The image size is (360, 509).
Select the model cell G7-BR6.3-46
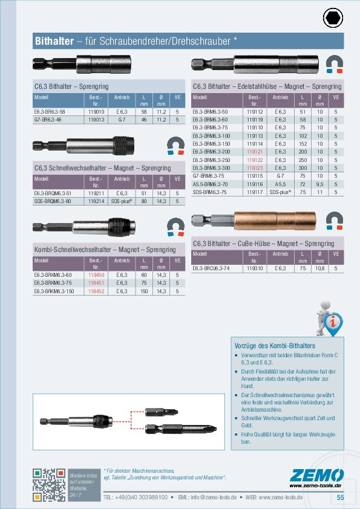point(49,120)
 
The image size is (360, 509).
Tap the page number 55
point(340,497)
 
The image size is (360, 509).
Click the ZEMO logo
point(317,476)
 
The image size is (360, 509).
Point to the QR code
point(48,484)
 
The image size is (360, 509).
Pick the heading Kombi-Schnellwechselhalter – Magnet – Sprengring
point(104,250)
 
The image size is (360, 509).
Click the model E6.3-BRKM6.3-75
point(52,283)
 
